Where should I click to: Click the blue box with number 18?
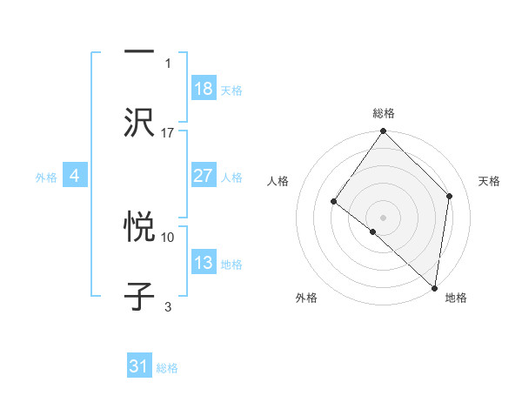[x=204, y=89]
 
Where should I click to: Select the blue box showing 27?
[x=204, y=176]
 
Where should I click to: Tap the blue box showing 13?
[x=204, y=263]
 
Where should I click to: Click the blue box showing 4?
[x=75, y=176]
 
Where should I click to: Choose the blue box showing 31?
[x=139, y=366]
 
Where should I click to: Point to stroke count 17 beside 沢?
[x=168, y=132]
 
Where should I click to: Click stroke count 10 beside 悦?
[x=168, y=237]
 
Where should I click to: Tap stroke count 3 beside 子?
[x=168, y=305]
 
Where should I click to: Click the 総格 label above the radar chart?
[x=384, y=113]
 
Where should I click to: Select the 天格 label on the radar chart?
[x=490, y=181]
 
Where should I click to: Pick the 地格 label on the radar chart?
[x=456, y=298]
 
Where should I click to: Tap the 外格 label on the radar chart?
[x=306, y=298]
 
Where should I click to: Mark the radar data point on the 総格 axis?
[x=384, y=132]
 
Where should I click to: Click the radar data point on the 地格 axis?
[x=435, y=287]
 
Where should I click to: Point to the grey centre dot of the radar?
[x=384, y=217]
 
